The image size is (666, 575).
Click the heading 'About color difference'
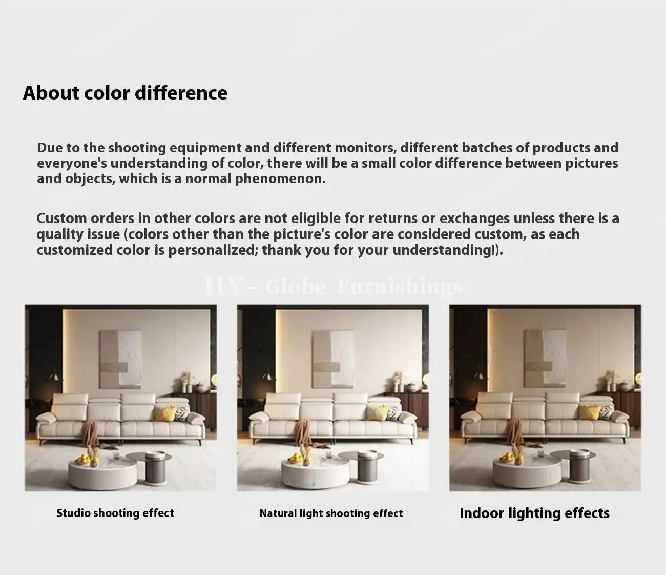(125, 93)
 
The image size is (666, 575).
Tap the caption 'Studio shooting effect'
(115, 513)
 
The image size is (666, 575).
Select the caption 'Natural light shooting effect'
(331, 513)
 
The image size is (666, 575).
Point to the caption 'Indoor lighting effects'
(534, 513)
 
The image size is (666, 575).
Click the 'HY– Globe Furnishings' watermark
(334, 287)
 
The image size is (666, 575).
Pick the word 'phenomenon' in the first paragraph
(280, 179)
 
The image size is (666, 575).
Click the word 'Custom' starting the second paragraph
(61, 219)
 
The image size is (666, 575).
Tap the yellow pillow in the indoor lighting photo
(590, 412)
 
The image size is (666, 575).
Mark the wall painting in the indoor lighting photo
(545, 359)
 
